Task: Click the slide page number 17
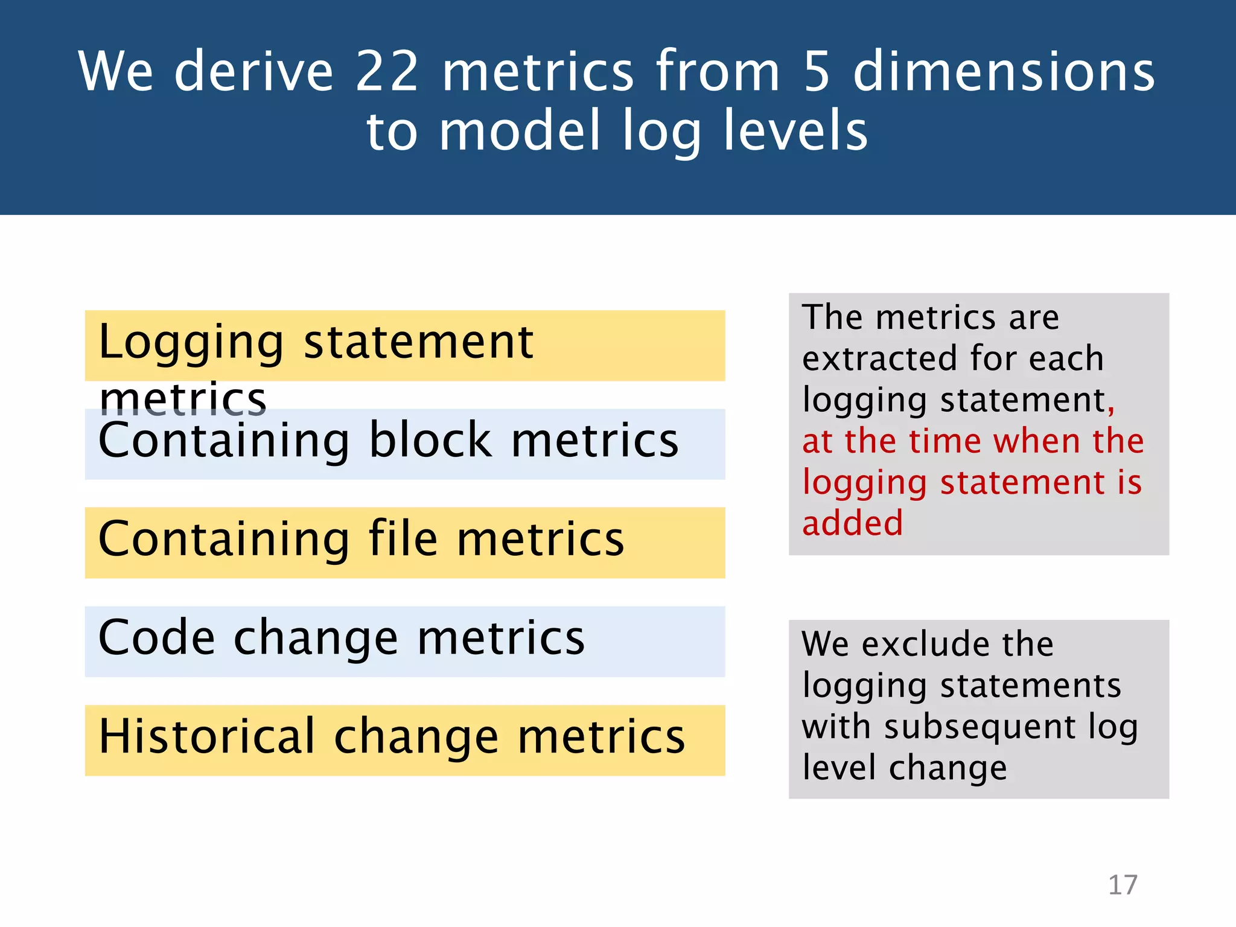tap(1123, 885)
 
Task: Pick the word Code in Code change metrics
tap(156, 637)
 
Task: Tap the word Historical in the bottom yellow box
tap(206, 736)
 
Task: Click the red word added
tap(852, 523)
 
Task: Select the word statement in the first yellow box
tap(418, 342)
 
